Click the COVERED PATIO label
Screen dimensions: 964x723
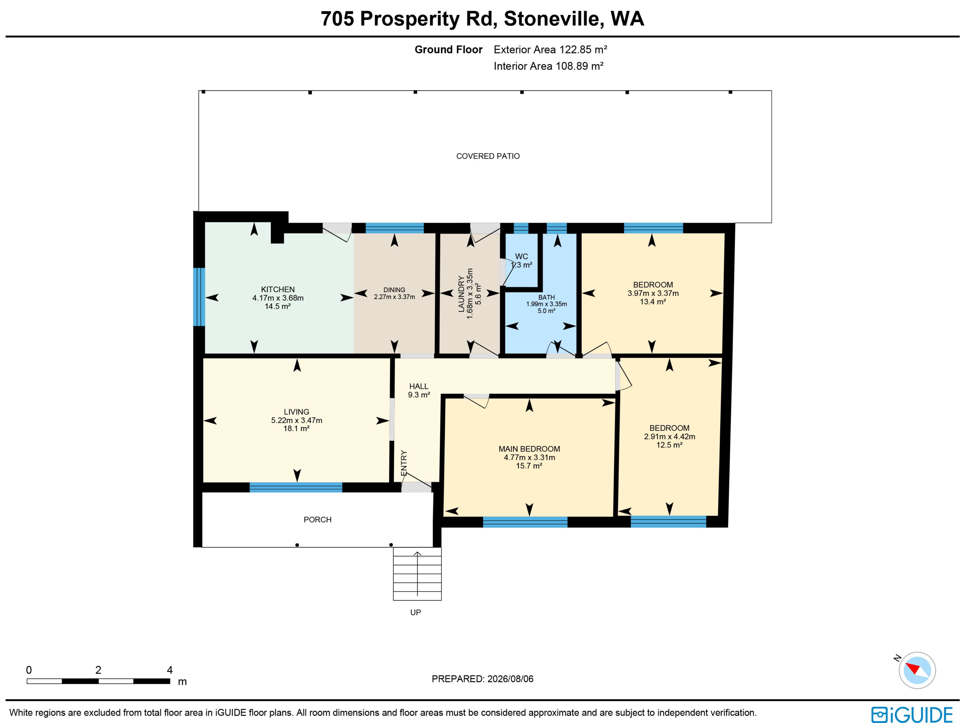tap(488, 156)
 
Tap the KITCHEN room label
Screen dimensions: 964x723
tap(278, 289)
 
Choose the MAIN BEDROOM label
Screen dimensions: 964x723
tap(529, 449)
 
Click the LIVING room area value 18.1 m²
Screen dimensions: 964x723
tap(296, 428)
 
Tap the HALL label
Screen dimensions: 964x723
tap(419, 386)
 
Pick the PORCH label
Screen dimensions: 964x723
tap(317, 519)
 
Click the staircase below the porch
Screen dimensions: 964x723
tap(417, 574)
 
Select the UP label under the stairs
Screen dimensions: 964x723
tap(415, 612)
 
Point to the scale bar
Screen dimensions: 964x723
tap(98, 681)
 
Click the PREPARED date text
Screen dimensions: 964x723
tap(483, 679)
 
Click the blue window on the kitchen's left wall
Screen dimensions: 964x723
tap(199, 297)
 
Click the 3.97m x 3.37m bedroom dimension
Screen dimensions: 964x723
tap(653, 293)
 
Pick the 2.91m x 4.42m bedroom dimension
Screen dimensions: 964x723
tap(669, 436)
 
